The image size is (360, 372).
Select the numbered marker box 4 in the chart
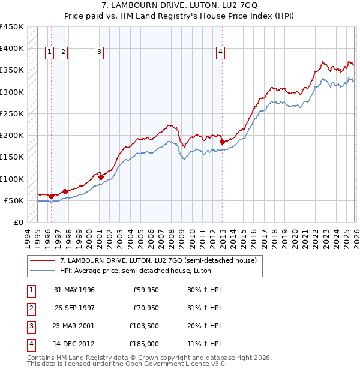pyautogui.click(x=221, y=52)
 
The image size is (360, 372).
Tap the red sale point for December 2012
pyautogui.click(x=223, y=142)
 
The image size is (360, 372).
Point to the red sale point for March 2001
pyautogui.click(x=100, y=177)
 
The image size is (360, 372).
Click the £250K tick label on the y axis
pyautogui.click(x=12, y=113)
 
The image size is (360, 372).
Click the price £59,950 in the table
pyautogui.click(x=145, y=290)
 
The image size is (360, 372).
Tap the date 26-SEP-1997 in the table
pyautogui.click(x=74, y=308)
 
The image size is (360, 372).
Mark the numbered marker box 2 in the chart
pyautogui.click(x=63, y=52)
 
